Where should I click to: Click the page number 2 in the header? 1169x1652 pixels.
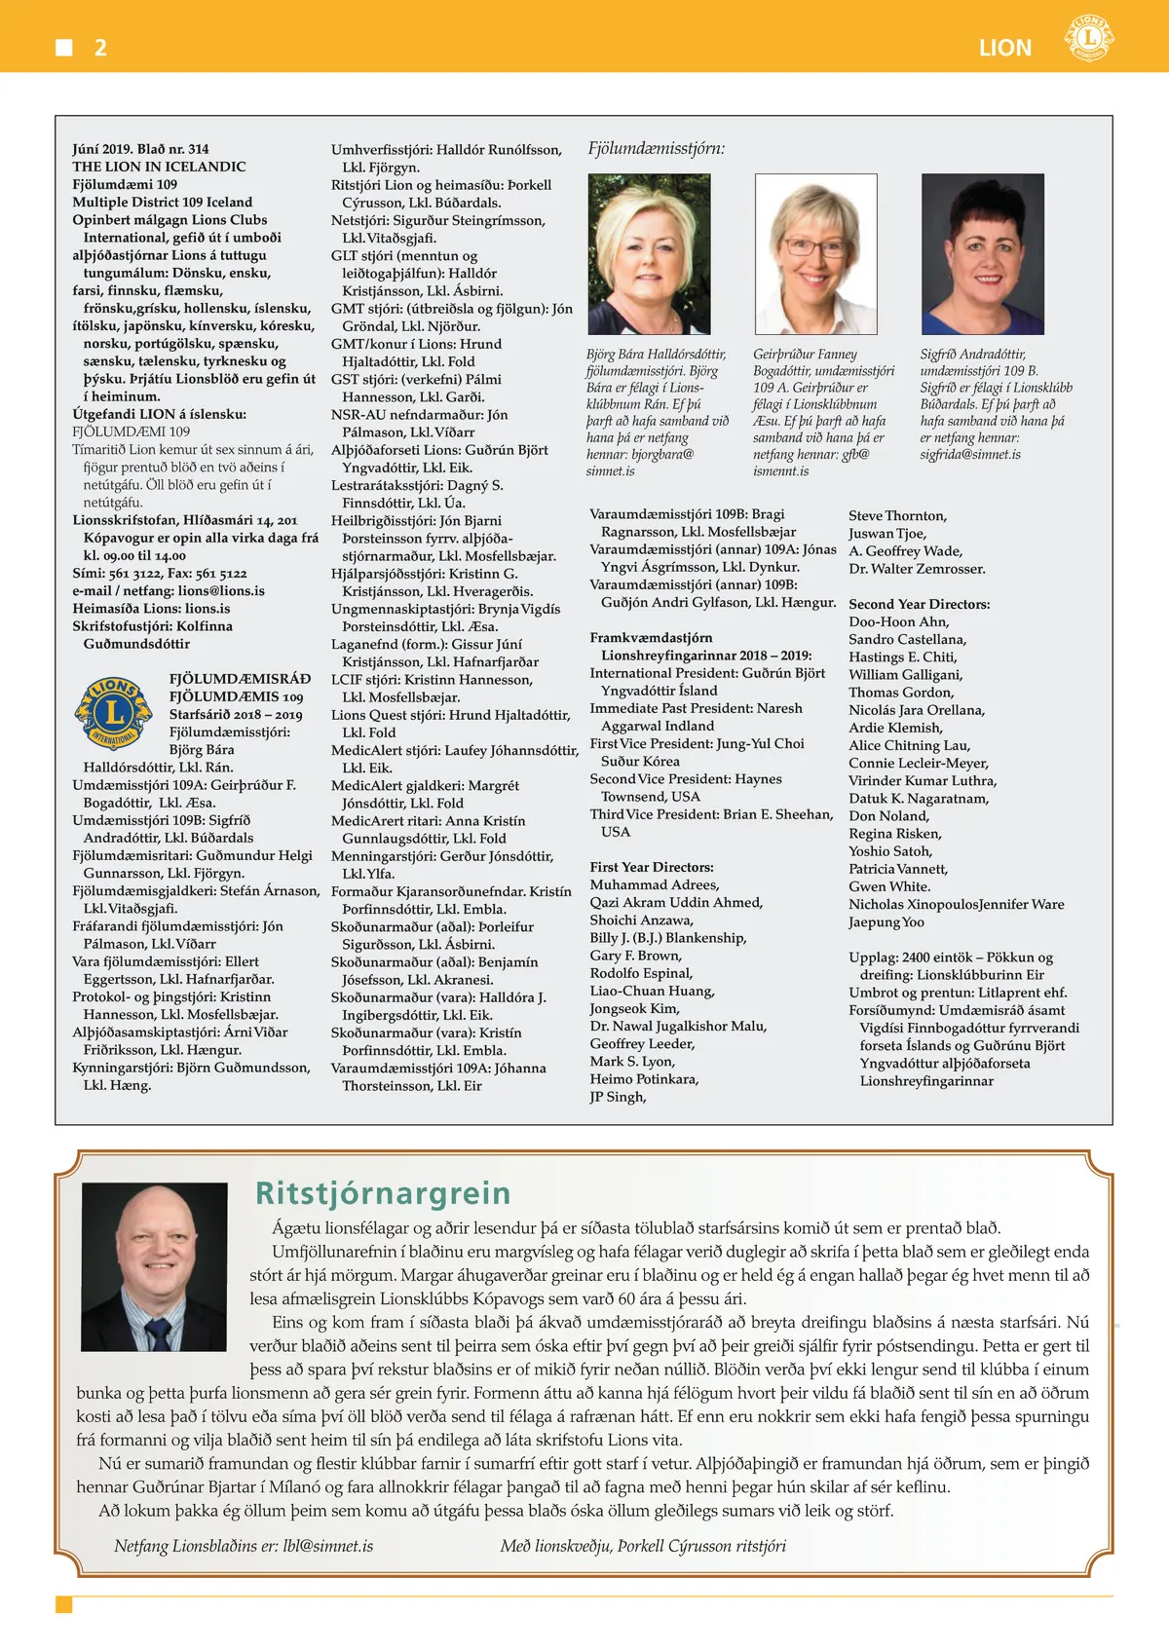pyautogui.click(x=100, y=48)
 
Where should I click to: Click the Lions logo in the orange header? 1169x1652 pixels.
pyautogui.click(x=1089, y=39)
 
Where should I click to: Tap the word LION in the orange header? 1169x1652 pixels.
pyautogui.click(x=1004, y=48)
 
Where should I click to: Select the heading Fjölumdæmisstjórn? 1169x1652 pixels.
pyautogui.click(x=656, y=149)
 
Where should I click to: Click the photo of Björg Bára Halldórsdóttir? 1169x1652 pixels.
pyautogui.click(x=649, y=254)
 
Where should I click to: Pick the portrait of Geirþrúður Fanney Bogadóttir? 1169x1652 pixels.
pyautogui.click(x=815, y=254)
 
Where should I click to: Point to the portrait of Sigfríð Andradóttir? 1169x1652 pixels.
pyautogui.click(x=982, y=254)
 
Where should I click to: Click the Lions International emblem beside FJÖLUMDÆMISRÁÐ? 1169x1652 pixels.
pyautogui.click(x=114, y=714)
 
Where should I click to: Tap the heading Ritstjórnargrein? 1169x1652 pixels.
pyautogui.click(x=383, y=1193)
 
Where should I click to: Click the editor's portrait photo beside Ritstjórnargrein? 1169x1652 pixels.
pyautogui.click(x=155, y=1266)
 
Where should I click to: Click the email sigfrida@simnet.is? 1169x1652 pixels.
pyautogui.click(x=970, y=455)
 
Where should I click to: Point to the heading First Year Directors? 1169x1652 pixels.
pyautogui.click(x=651, y=867)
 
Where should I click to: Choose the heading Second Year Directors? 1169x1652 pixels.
pyautogui.click(x=919, y=604)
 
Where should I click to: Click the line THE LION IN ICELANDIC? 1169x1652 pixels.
pyautogui.click(x=159, y=167)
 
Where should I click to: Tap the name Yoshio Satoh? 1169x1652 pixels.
pyautogui.click(x=889, y=851)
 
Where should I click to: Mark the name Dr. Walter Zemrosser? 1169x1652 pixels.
pyautogui.click(x=917, y=569)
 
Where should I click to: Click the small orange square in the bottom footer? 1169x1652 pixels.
pyautogui.click(x=64, y=1604)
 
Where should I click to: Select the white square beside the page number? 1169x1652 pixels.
pyautogui.click(x=64, y=48)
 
